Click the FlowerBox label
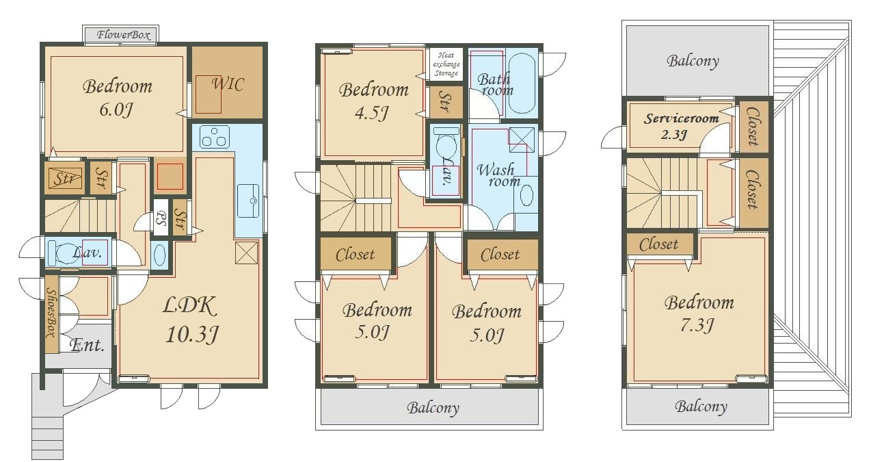coord(123,35)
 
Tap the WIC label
coord(228,84)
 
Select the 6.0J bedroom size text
coord(116,110)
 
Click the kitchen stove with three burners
coord(214,137)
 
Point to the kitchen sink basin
coord(247,201)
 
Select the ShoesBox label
coord(52,313)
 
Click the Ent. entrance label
coord(87,345)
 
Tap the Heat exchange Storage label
coord(446,64)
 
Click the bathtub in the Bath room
coord(522,83)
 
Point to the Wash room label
coord(498,175)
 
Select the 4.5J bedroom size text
coord(371,113)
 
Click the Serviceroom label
coord(681,118)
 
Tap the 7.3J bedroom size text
coord(697,324)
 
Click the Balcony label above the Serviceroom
coord(693,61)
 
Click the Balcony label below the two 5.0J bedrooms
coord(433,408)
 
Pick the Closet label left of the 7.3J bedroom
coord(658,244)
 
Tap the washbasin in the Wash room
coord(526,195)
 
